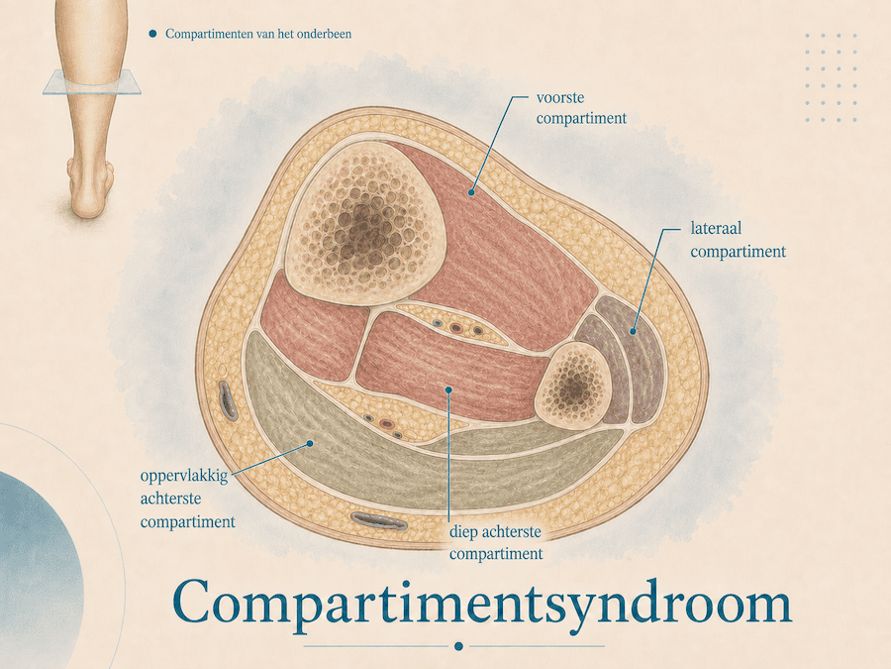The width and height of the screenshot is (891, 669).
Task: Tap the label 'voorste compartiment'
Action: click(x=581, y=108)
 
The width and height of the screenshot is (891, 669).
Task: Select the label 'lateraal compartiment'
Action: click(x=738, y=240)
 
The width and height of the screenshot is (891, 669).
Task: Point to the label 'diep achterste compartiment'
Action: click(x=496, y=543)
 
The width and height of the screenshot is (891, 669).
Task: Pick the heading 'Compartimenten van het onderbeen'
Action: click(x=258, y=34)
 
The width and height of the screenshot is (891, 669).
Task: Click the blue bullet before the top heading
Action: click(x=152, y=34)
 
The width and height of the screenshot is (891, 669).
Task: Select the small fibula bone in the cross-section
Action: click(x=574, y=387)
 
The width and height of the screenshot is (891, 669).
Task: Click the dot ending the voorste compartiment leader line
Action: click(x=471, y=192)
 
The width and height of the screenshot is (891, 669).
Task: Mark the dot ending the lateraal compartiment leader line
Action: click(x=633, y=330)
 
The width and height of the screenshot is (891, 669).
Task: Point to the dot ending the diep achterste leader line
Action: click(x=448, y=390)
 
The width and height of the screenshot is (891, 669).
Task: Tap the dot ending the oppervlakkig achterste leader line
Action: click(x=310, y=443)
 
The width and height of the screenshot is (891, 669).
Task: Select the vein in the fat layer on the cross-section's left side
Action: click(x=228, y=400)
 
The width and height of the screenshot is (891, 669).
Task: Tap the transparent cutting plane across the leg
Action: click(x=92, y=82)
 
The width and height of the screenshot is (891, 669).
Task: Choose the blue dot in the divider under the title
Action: click(x=458, y=646)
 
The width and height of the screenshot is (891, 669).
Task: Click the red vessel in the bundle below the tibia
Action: click(x=456, y=328)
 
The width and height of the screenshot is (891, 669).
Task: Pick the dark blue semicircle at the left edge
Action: click(x=40, y=569)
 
